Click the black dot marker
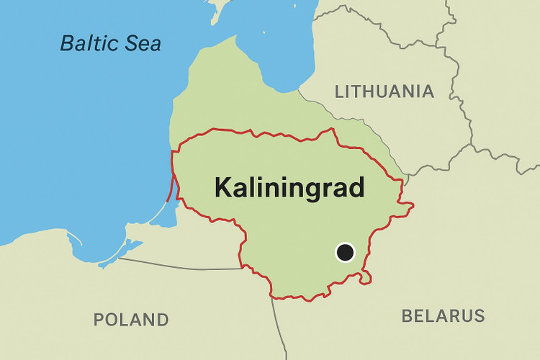point(346,252)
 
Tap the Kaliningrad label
point(289,188)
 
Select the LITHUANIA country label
point(384,91)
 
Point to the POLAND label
point(131,319)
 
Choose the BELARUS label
point(443,315)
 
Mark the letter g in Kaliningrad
point(310,191)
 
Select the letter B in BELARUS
point(408,315)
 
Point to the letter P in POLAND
point(99,319)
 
